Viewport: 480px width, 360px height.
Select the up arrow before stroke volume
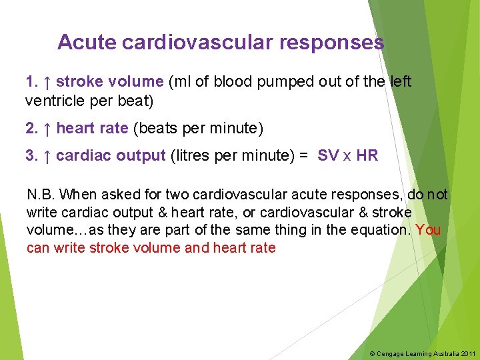coord(47,82)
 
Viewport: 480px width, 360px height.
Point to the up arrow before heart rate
coord(47,128)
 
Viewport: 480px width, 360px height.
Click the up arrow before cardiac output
coord(47,156)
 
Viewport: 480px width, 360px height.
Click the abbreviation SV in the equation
coord(328,156)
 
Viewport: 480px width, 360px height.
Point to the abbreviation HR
coord(367,156)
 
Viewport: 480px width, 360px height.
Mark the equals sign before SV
coord(303,156)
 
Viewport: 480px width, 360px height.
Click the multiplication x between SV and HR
coord(347,157)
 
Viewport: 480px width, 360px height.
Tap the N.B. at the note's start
coord(41,195)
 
